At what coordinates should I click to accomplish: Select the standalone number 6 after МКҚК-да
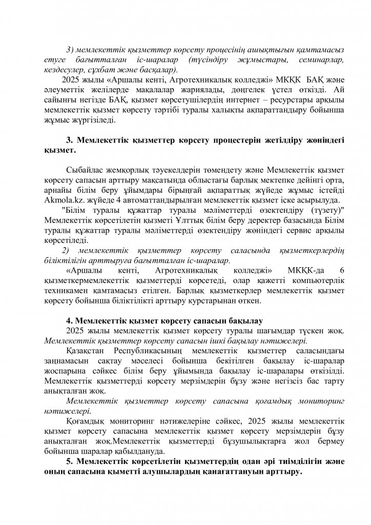tap(342, 270)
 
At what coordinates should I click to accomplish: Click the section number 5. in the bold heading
tap(70, 461)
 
